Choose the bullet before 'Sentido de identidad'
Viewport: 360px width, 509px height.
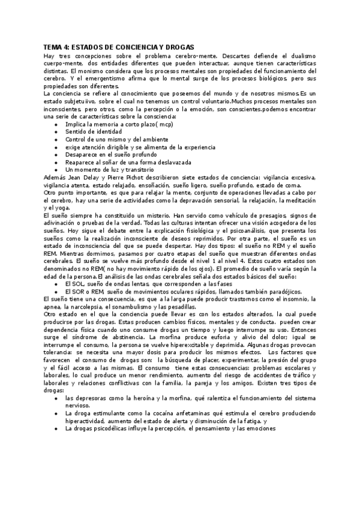pyautogui.click(x=56, y=130)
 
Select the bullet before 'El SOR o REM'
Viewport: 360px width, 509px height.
pyautogui.click(x=56, y=291)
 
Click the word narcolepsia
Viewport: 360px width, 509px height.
pyautogui.click(x=82, y=307)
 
